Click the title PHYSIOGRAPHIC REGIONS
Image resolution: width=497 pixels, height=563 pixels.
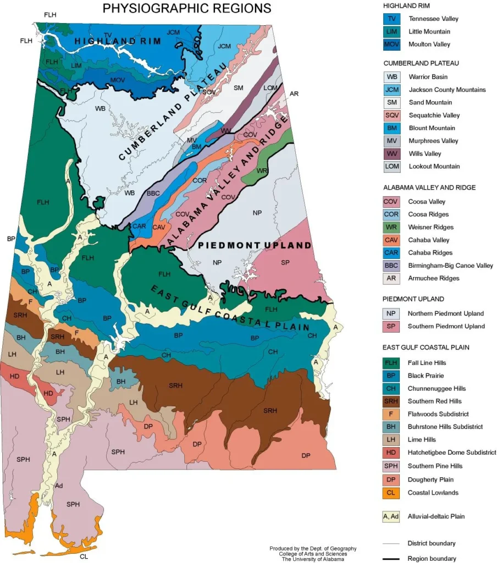click(187, 8)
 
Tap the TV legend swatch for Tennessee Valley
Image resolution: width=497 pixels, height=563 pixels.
click(391, 19)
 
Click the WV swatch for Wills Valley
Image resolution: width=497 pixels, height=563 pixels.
click(391, 153)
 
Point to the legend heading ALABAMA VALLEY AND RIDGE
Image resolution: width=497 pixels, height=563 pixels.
click(429, 187)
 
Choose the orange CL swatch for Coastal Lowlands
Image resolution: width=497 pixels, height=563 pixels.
click(391, 493)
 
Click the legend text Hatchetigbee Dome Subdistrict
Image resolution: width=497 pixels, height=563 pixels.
click(452, 452)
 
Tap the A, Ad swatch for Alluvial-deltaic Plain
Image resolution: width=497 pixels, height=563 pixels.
click(391, 517)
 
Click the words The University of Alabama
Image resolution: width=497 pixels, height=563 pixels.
click(313, 559)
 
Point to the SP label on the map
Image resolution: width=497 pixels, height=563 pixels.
click(285, 263)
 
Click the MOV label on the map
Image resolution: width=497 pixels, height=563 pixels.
click(118, 80)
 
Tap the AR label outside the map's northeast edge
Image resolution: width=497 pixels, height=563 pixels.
click(294, 95)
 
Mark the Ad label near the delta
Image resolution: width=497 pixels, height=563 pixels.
click(59, 486)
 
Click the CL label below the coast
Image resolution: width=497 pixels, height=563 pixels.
click(84, 556)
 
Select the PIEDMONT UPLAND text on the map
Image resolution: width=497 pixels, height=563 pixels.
click(255, 245)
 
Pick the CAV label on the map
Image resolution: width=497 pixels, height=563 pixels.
click(159, 227)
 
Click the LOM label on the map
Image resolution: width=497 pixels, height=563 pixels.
click(270, 88)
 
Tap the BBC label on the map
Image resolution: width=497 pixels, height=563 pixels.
click(153, 193)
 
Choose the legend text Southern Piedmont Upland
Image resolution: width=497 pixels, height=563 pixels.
click(446, 326)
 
